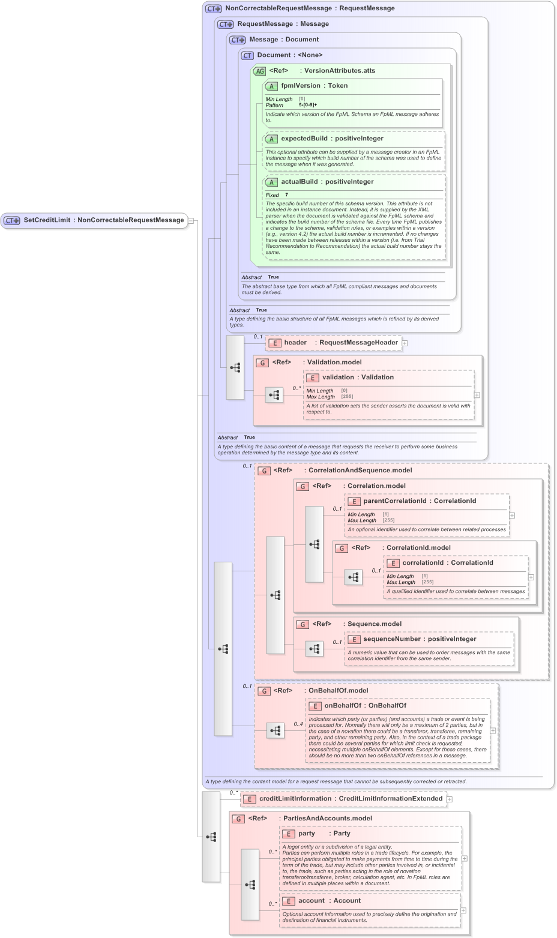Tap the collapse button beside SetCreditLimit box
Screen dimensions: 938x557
pyautogui.click(x=191, y=220)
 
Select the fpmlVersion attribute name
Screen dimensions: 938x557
pyautogui.click(x=300, y=86)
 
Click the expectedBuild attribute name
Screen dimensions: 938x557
pyautogui.click(x=304, y=139)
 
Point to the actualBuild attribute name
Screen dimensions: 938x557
pyautogui.click(x=300, y=182)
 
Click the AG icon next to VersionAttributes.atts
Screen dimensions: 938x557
pyautogui.click(x=259, y=71)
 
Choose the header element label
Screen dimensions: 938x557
pyautogui.click(x=295, y=343)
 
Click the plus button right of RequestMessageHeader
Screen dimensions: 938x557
pyautogui.click(x=405, y=343)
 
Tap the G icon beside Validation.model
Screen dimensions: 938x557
pyautogui.click(x=262, y=362)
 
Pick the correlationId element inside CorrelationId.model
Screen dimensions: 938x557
pyautogui.click(x=423, y=563)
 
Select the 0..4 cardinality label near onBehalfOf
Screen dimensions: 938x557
pyautogui.click(x=298, y=724)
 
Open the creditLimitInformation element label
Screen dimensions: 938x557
pyautogui.click(x=295, y=799)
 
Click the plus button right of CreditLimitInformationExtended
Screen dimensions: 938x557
pyautogui.click(x=450, y=799)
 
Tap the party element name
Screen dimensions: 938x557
pyautogui.click(x=307, y=834)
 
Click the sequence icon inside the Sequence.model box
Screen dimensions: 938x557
pyautogui.click(x=315, y=649)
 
